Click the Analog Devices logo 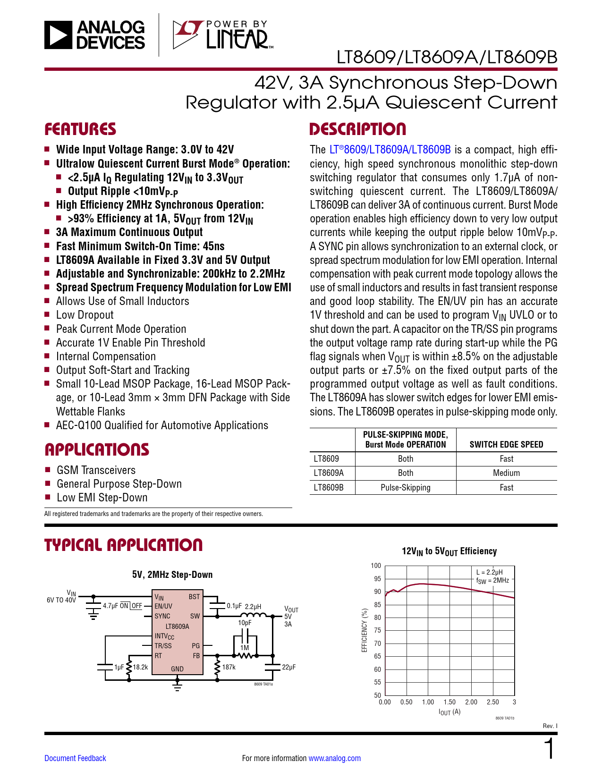click(94, 35)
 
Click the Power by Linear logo click(222, 35)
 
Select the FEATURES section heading click(80, 129)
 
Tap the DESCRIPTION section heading click(357, 129)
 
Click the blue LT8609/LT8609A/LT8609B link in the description click(390, 150)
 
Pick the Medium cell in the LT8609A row click(506, 473)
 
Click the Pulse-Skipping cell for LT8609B click(406, 488)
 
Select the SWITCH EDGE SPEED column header click(506, 444)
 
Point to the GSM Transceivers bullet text click(96, 470)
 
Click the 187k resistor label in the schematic click(229, 667)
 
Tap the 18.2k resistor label click(140, 667)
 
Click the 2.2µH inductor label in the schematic click(253, 607)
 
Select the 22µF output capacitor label click(288, 667)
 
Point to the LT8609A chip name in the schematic click(177, 627)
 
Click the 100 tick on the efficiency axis click(376, 566)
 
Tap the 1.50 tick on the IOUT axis click(449, 702)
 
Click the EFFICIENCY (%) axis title click(365, 630)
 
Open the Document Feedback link click(75, 758)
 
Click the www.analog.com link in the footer click(334, 758)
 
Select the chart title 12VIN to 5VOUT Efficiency click(449, 551)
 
